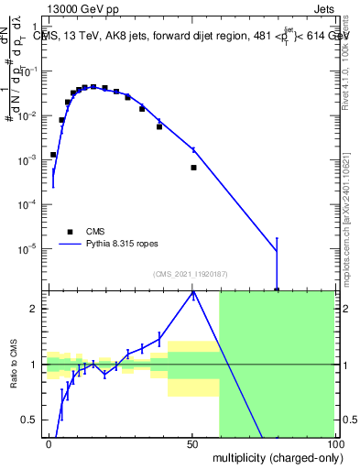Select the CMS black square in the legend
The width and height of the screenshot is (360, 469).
click(70, 232)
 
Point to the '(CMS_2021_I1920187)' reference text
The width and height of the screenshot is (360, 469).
click(191, 274)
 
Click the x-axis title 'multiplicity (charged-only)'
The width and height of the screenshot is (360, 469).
click(273, 456)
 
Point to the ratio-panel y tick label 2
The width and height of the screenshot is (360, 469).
click(35, 309)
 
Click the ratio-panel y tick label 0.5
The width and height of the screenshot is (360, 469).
click(31, 420)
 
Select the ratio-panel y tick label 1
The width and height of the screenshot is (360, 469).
click(35, 365)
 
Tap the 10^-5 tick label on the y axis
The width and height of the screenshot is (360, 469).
click(31, 248)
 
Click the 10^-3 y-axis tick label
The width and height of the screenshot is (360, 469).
click(31, 160)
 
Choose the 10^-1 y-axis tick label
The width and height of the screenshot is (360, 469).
click(31, 72)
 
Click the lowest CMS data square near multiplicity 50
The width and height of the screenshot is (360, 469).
click(193, 168)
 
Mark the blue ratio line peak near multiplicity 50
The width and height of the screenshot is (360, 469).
click(193, 292)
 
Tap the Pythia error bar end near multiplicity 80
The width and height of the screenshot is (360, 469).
click(277, 239)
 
